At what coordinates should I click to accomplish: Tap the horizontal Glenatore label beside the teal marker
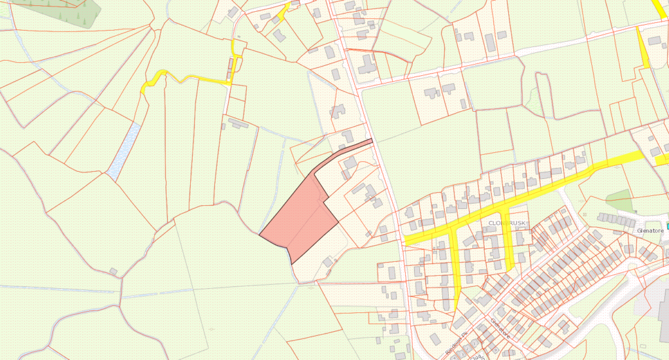650,230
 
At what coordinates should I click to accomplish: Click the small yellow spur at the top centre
284,12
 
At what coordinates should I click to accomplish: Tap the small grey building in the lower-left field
113,271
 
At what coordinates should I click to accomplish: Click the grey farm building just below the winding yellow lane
237,123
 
